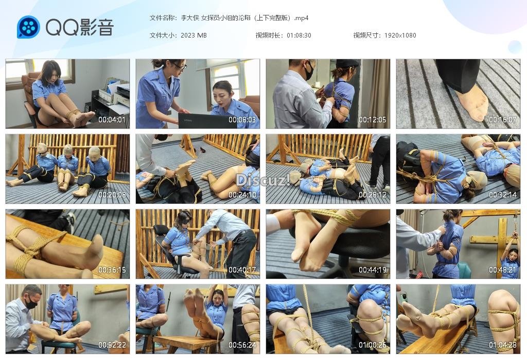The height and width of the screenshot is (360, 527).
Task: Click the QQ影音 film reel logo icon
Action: tap(29, 27)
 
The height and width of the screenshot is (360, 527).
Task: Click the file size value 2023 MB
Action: tap(194, 35)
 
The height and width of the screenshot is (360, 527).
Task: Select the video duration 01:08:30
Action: tap(299, 35)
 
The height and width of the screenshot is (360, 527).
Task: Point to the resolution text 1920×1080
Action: tap(400, 35)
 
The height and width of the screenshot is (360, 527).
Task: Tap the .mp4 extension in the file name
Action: tap(301, 18)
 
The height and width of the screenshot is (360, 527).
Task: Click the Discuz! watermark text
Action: tap(262, 180)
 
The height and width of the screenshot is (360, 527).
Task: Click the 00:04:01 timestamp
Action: tap(112, 119)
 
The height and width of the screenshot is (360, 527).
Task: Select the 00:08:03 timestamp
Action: tap(242, 119)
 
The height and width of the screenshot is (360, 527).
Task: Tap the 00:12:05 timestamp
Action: tap(373, 119)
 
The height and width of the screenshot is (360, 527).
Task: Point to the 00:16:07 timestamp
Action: tap(502, 119)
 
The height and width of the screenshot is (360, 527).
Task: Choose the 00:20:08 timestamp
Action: tap(112, 195)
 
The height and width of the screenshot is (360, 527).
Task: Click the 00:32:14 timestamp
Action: tap(502, 195)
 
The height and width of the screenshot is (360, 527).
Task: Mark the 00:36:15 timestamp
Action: tap(112, 269)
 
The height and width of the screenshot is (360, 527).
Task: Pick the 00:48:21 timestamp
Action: tap(502, 269)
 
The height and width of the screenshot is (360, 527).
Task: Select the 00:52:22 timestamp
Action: tap(112, 345)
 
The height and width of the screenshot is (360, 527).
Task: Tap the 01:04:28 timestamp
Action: tap(502, 345)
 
